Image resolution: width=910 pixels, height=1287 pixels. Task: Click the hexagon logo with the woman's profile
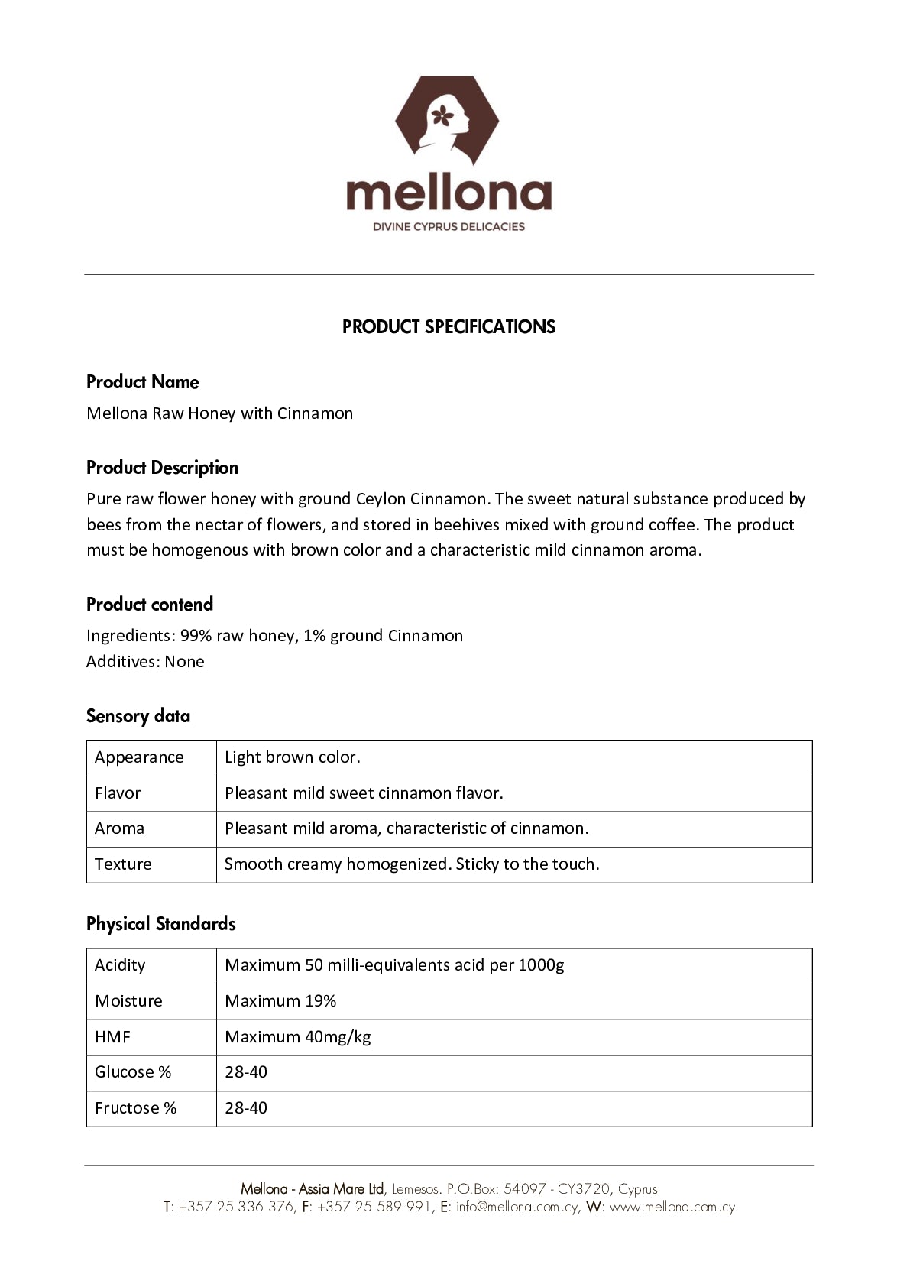447,120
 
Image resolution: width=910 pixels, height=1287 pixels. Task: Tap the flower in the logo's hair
442,115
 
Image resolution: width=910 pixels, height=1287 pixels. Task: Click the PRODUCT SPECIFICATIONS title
449,327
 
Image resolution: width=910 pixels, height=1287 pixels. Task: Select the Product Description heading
162,468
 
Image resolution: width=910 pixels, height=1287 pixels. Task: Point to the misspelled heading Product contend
150,605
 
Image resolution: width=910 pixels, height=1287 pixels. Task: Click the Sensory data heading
138,716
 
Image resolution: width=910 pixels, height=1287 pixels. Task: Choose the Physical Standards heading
161,924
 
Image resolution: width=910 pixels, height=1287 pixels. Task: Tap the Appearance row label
139,757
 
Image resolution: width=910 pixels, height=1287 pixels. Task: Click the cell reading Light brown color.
293,757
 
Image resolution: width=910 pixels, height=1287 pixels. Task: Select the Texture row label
123,864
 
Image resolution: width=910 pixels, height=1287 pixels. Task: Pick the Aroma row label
119,828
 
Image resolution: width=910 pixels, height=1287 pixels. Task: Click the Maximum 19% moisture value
280,1001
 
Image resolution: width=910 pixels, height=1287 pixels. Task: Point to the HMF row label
112,1037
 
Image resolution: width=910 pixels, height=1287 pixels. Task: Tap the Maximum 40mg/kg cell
298,1037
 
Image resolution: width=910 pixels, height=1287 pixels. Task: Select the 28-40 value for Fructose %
246,1108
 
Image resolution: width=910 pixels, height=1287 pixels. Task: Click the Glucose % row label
133,1072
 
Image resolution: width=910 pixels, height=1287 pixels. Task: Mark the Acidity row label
120,965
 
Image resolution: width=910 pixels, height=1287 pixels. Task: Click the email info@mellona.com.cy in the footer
517,1208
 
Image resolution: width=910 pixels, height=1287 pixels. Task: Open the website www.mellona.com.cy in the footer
672,1208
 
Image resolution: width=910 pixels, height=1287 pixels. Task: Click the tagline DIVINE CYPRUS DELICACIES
449,226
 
